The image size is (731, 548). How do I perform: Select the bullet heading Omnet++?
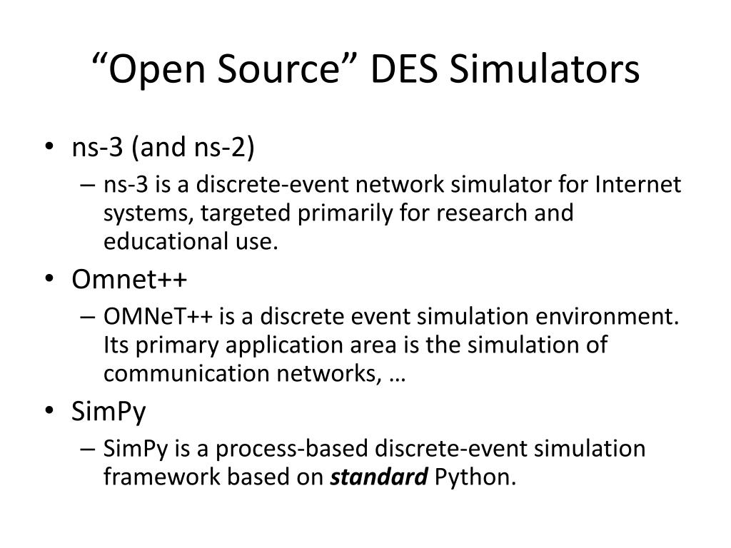(x=129, y=280)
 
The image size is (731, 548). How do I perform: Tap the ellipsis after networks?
(x=398, y=375)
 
